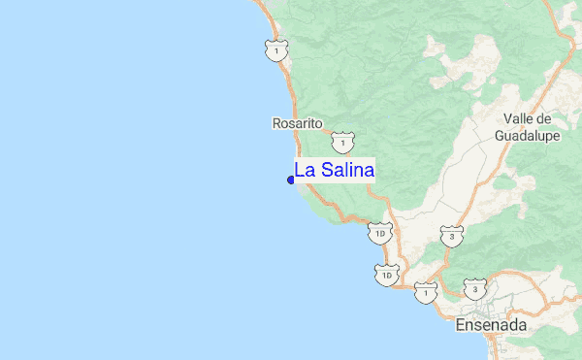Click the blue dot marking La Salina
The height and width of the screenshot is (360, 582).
(x=291, y=180)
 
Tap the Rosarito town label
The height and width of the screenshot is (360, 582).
(x=297, y=124)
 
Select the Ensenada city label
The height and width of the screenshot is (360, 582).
(x=490, y=326)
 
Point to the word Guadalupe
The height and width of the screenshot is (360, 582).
(x=528, y=136)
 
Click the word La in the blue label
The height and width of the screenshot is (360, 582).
(x=305, y=170)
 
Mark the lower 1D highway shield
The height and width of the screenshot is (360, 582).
(x=387, y=276)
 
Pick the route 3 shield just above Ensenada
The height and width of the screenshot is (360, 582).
(x=474, y=289)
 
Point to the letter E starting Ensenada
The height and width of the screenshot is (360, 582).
(x=460, y=326)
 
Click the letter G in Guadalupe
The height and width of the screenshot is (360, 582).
(x=500, y=136)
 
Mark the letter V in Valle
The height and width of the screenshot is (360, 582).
(x=507, y=118)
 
